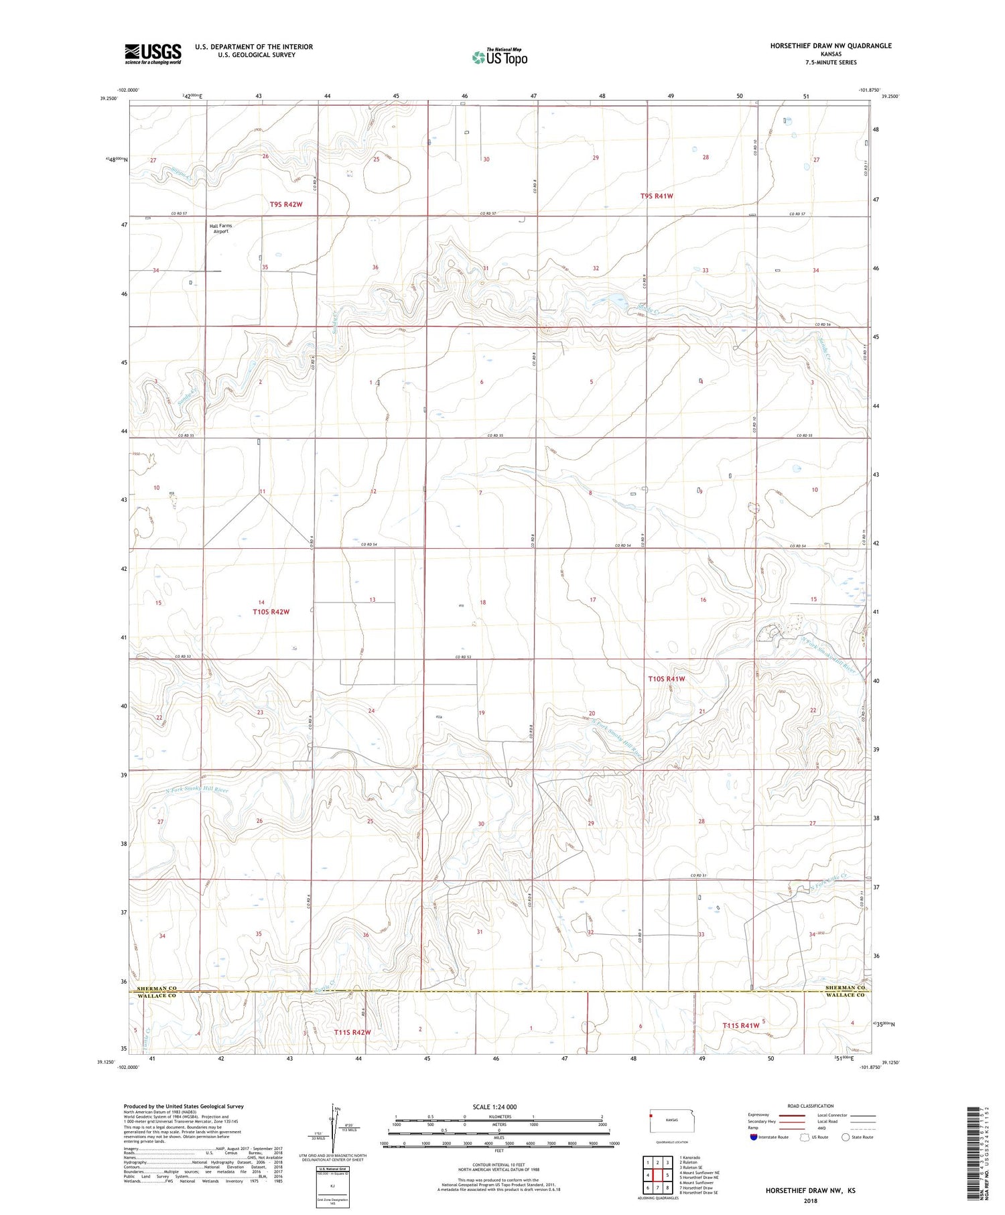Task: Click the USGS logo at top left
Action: coord(153,54)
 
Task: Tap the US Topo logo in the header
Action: coord(500,58)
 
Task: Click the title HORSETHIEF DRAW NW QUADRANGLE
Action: coord(831,46)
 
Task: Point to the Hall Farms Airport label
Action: coord(220,229)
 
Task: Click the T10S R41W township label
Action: coord(666,679)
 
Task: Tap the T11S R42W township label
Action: coord(352,1032)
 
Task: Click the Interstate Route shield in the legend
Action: coord(753,1137)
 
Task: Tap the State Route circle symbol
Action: coord(846,1137)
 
